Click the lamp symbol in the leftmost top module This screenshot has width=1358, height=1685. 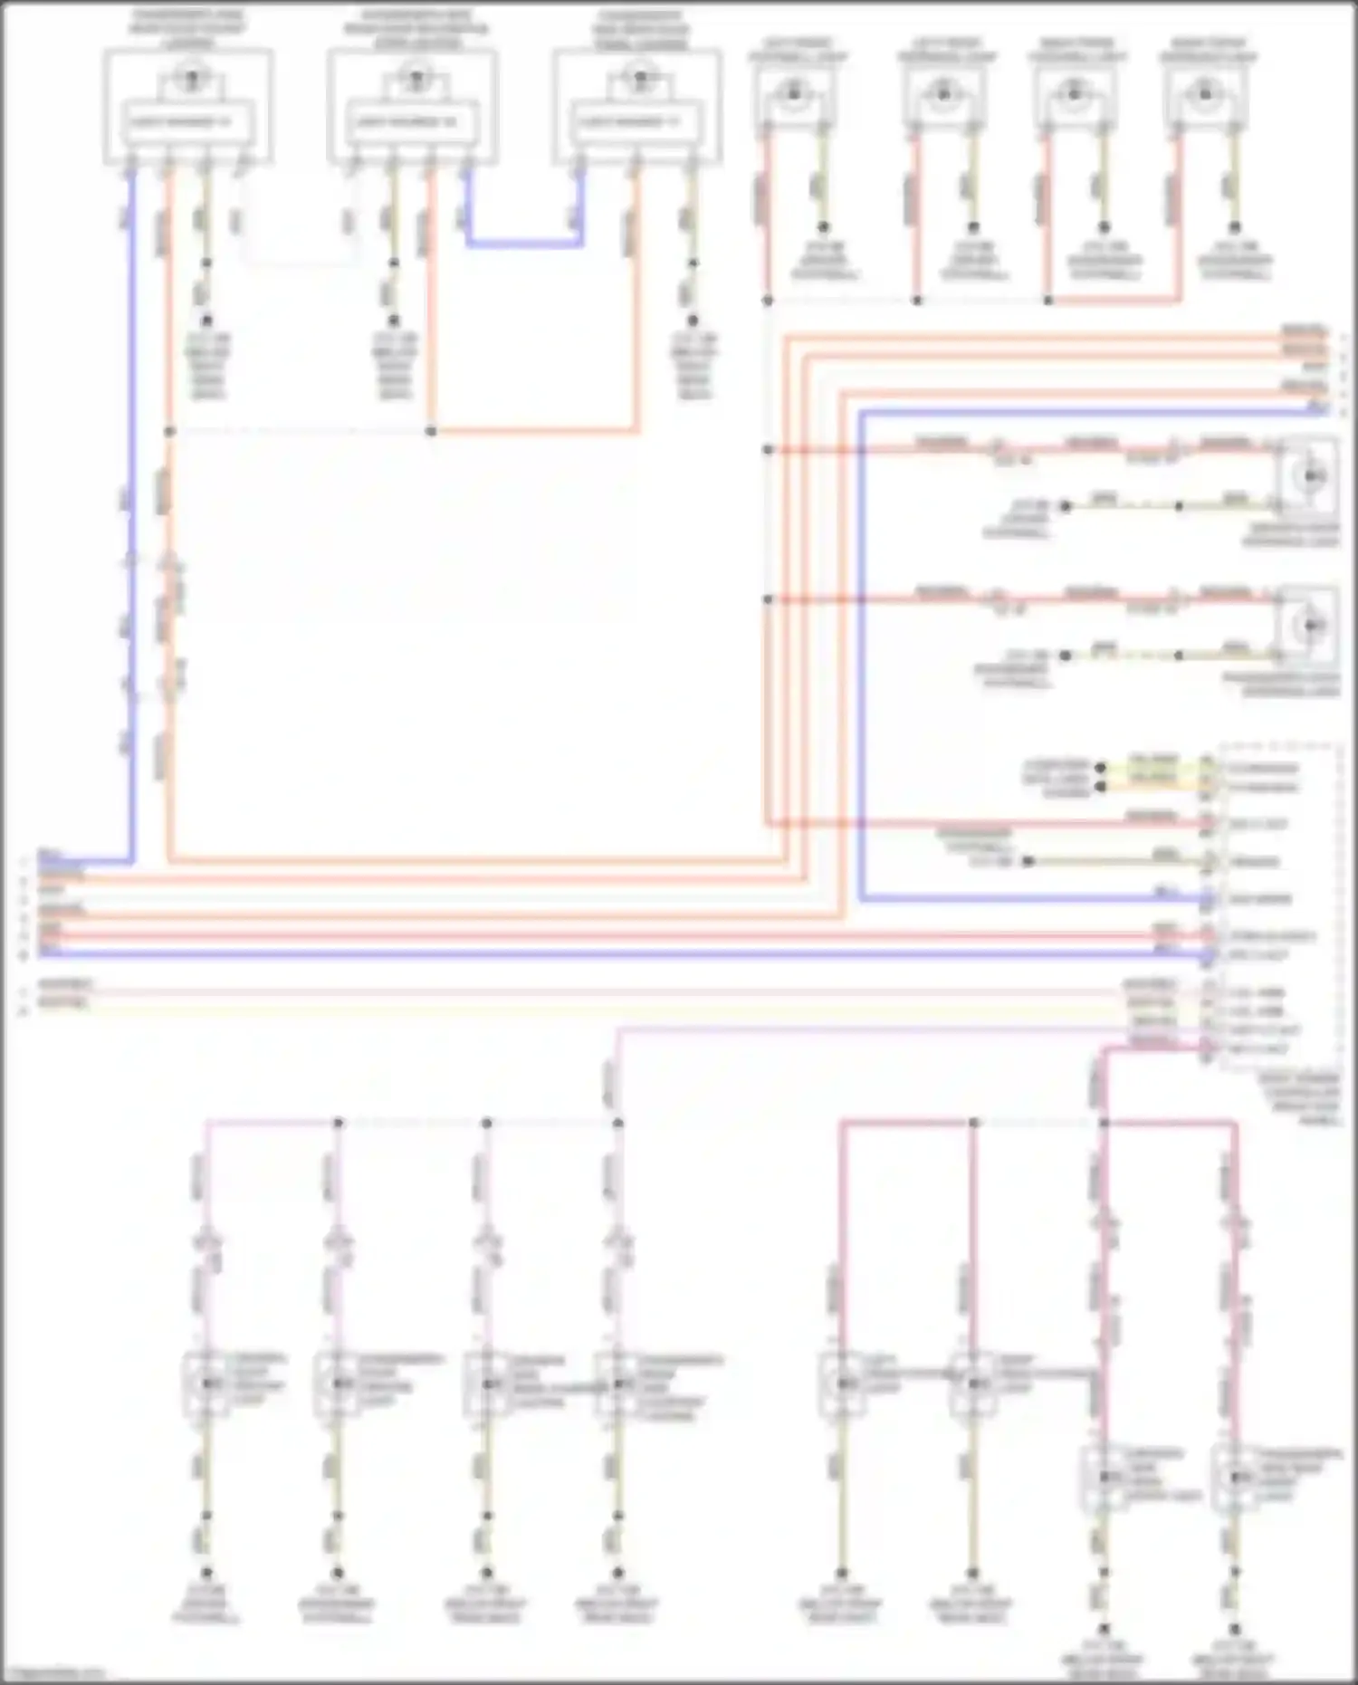190,79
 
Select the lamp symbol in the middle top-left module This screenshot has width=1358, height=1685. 416,79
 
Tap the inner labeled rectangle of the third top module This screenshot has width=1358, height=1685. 636,121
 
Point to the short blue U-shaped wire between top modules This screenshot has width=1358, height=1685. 524,243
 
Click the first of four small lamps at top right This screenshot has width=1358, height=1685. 794,91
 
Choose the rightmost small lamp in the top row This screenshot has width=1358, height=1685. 1204,91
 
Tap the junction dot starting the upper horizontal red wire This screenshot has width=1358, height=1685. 768,449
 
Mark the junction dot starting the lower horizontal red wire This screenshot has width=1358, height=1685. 768,599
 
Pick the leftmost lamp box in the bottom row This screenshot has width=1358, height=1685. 207,1383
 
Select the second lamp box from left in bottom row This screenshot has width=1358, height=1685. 338,1383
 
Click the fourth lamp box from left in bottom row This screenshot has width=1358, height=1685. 617,1383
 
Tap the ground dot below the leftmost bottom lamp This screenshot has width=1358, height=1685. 206,1574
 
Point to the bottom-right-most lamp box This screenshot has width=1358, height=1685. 1235,1477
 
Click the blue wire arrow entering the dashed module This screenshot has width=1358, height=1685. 1208,900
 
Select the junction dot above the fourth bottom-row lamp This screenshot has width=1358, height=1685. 618,1123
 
